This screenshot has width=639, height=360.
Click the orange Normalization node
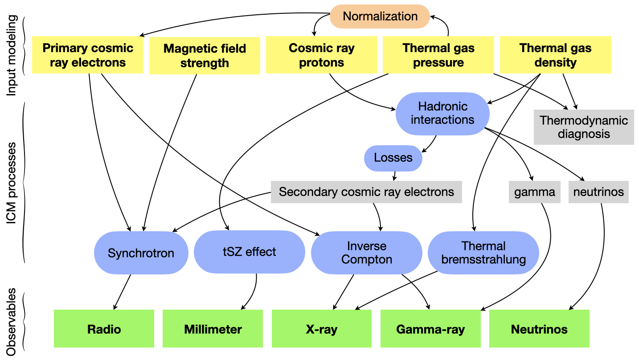coord(380,16)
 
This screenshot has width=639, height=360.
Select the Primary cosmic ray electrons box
coord(88,55)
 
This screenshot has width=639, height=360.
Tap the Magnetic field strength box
coord(205,55)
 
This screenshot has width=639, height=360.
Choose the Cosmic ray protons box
coord(321,55)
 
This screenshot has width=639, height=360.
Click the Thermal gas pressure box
coord(438,55)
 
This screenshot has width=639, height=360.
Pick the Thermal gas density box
coord(555,55)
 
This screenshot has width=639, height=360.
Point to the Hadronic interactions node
coord(442,113)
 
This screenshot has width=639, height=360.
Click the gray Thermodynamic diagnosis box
coord(584,127)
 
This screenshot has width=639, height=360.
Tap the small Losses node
coord(393,158)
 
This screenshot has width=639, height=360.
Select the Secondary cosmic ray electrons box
coord(366,192)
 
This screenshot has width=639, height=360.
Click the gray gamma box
coord(534,192)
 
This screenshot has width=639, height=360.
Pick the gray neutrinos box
coord(598,192)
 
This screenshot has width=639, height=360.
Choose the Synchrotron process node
coord(141,253)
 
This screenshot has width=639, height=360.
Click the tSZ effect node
coord(249,252)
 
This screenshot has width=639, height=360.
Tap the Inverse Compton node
coord(366,253)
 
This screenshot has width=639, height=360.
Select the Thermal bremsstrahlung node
coord(483,253)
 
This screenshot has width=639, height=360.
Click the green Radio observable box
coord(104,329)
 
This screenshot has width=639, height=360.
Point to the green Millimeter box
coord(213,329)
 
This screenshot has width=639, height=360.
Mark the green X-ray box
coord(321,329)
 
